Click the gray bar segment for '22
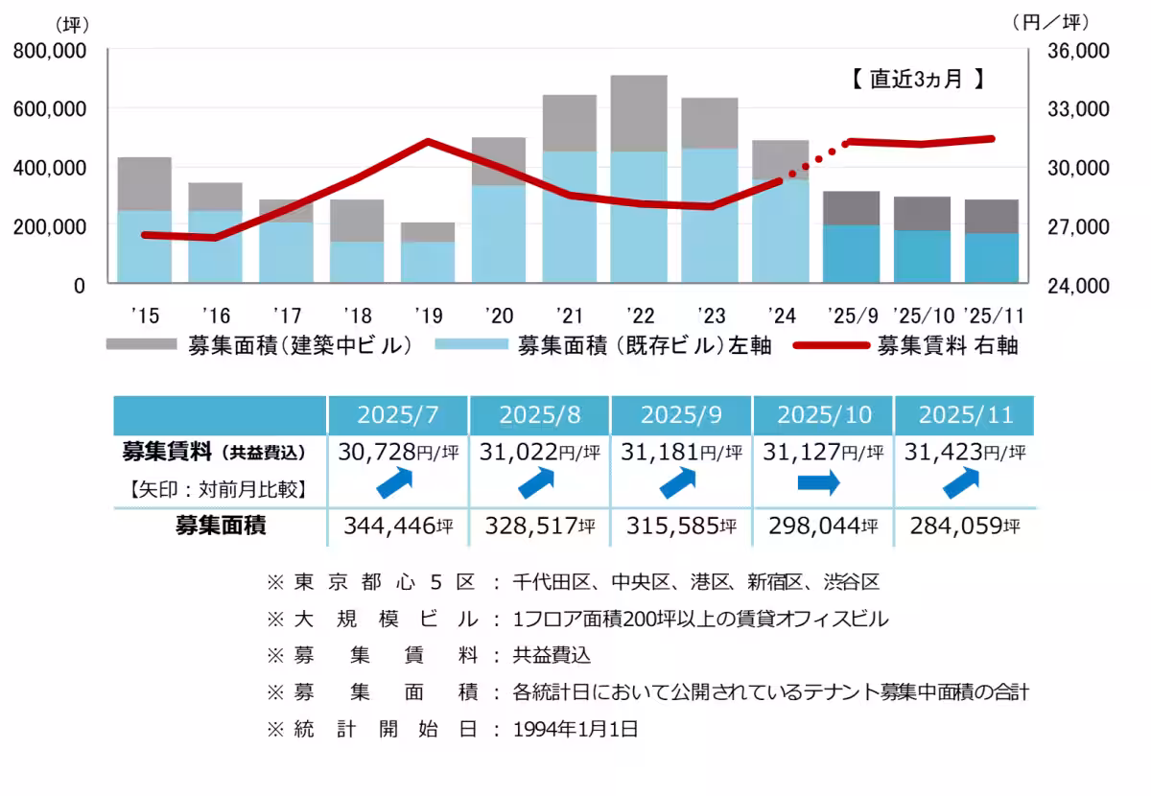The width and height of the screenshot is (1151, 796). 639,113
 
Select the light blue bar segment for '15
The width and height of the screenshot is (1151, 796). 145,246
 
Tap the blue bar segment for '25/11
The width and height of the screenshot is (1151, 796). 992,258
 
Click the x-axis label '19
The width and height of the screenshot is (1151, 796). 428,315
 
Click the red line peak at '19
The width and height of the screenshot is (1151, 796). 428,141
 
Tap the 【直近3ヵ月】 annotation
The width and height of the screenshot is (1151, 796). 918,80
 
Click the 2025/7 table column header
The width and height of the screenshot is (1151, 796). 398,415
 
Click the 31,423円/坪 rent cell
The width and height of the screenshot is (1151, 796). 964,452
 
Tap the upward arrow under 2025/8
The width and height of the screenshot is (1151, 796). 539,484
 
